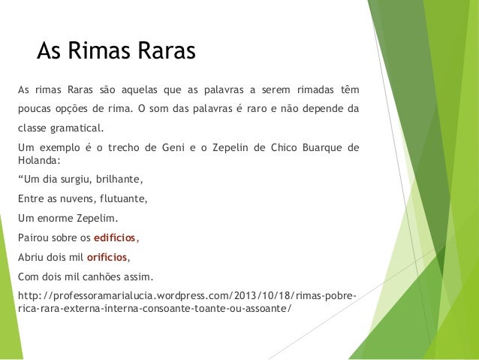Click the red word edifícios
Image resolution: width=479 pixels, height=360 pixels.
point(115,238)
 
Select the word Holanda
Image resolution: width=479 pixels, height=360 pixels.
point(38,159)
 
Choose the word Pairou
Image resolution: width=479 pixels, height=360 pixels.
point(32,238)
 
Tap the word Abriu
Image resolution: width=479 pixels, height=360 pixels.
point(30,256)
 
